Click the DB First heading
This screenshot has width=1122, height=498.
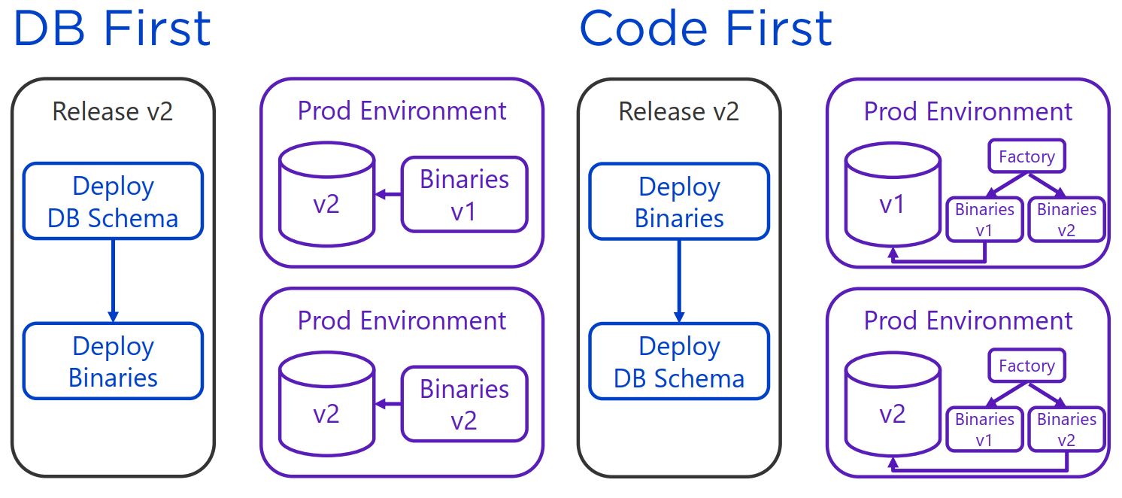click(x=112, y=29)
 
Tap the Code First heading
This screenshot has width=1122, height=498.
click(x=705, y=29)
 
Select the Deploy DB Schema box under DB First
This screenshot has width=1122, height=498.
click(x=114, y=201)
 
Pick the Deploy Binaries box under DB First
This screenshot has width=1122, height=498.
click(x=114, y=361)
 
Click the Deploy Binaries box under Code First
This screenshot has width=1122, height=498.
click(x=679, y=202)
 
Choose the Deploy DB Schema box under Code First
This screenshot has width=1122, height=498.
click(x=679, y=361)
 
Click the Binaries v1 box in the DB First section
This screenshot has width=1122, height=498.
click(x=465, y=194)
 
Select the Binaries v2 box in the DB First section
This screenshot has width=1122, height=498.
click(x=465, y=404)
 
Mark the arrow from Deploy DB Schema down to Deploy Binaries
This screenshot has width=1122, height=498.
click(x=114, y=281)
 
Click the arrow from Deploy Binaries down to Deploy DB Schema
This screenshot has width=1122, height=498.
click(x=679, y=281)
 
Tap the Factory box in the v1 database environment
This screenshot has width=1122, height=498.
click(x=1026, y=156)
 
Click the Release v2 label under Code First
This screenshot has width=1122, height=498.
click(x=679, y=111)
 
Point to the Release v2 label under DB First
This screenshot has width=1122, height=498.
click(x=113, y=111)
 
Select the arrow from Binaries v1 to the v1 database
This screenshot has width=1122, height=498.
click(x=938, y=261)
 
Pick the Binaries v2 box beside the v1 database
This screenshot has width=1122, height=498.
click(x=1066, y=220)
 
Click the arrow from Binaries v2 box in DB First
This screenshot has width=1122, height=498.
click(x=388, y=404)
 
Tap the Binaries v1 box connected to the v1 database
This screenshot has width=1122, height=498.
click(x=984, y=220)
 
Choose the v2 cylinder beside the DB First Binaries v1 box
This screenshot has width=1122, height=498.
click(x=326, y=194)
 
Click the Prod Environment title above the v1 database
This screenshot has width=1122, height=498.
click(x=969, y=111)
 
